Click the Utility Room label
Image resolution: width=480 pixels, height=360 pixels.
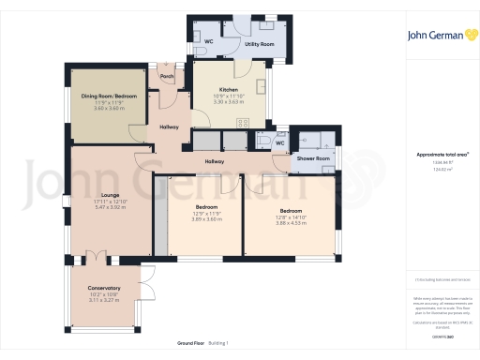pos(259,44)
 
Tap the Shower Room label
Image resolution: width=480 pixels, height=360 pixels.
pos(313,158)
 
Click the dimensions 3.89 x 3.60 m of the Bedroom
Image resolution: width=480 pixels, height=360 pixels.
pos(206,217)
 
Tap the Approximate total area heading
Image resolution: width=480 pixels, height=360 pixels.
pos(436,154)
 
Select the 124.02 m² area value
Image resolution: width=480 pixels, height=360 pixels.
pos(436,170)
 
